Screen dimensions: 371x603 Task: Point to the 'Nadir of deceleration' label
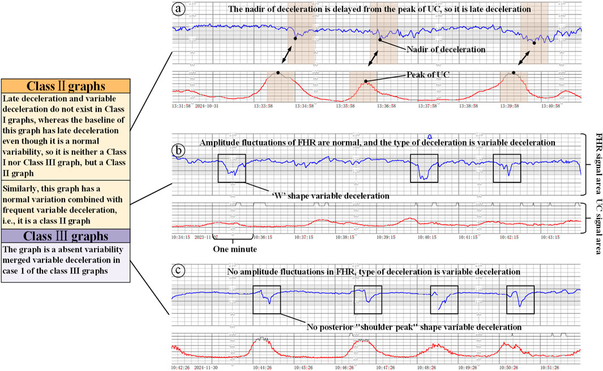tap(446, 49)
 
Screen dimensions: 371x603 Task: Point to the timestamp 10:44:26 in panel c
tap(264, 366)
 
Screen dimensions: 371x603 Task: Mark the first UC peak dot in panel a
tap(278, 73)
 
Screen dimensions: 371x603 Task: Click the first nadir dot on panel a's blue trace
tap(295, 38)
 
